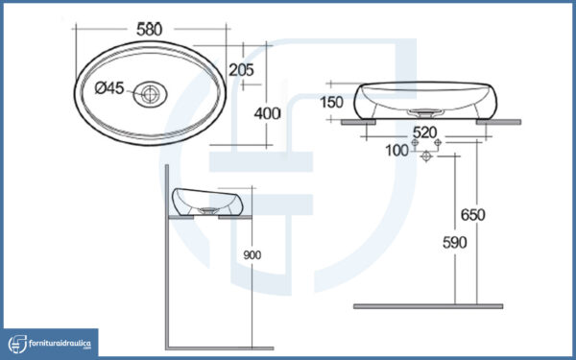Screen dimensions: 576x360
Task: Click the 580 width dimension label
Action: point(149,30)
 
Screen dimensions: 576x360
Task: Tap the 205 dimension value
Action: point(241,70)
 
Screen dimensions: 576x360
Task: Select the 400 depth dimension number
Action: point(268,114)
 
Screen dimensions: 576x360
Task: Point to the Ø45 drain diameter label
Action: point(109,88)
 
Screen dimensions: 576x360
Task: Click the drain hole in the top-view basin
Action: point(150,94)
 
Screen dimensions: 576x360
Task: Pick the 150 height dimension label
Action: point(331,102)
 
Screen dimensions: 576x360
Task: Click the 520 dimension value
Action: point(425,132)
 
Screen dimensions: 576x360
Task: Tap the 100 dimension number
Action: point(396,151)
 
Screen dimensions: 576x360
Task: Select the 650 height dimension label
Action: point(473,215)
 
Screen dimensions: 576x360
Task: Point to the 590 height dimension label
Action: point(455,243)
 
